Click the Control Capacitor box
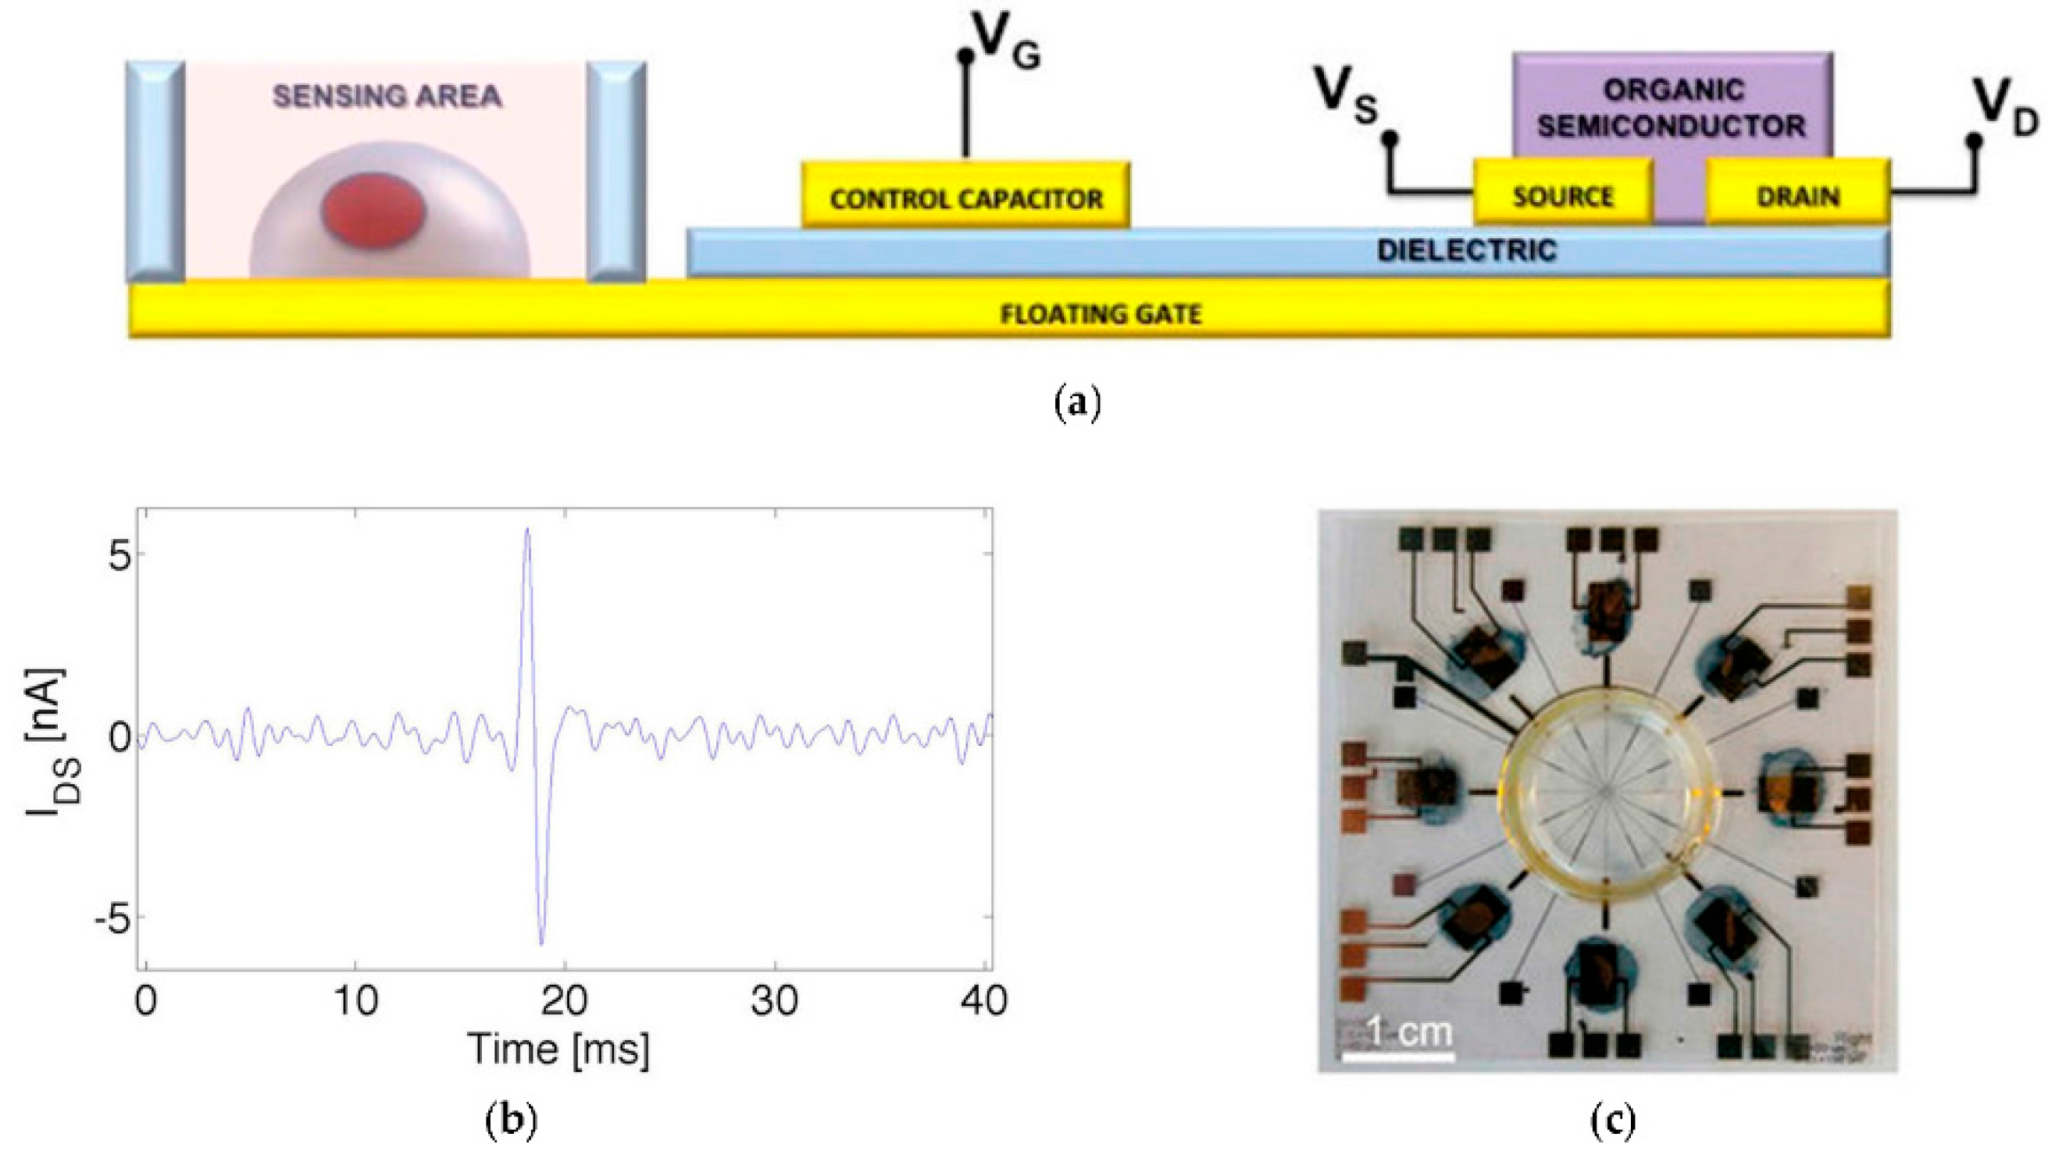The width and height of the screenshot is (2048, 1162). [x=965, y=196]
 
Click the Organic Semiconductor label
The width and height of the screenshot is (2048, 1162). [x=1672, y=108]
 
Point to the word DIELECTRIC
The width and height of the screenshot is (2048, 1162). [x=1466, y=251]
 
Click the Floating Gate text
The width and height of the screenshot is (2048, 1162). [x=1101, y=314]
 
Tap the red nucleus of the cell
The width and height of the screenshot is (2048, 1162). [x=373, y=210]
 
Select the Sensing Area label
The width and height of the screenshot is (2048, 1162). [x=387, y=97]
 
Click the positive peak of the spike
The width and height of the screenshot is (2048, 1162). [x=526, y=529]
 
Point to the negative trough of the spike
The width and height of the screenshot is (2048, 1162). [x=542, y=943]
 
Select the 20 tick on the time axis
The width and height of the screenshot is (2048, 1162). [x=564, y=1001]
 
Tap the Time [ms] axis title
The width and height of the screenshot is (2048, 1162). [x=558, y=1048]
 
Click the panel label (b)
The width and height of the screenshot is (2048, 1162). [x=511, y=1121]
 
